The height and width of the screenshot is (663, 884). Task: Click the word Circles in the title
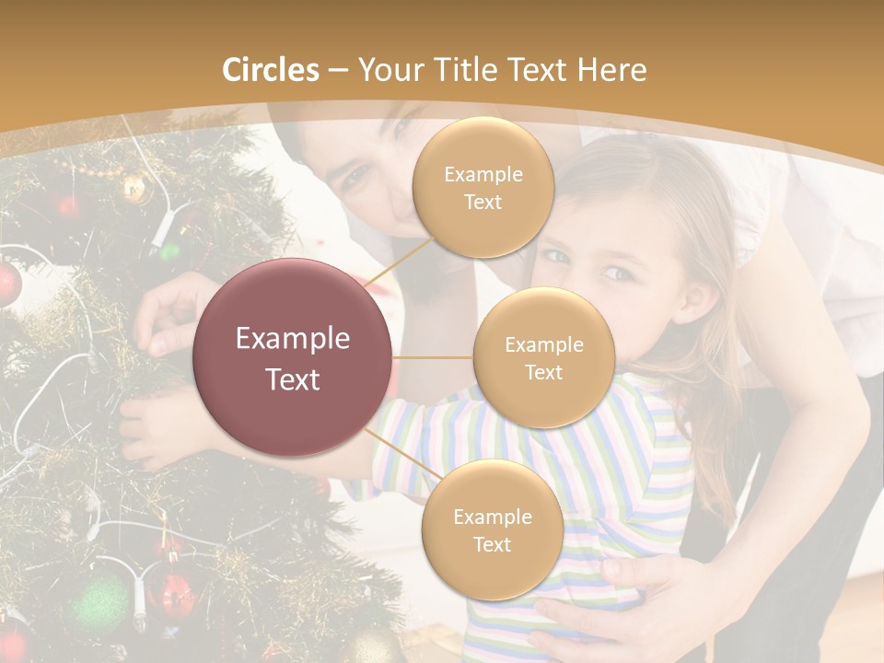[x=271, y=70]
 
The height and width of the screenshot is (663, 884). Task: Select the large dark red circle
[x=293, y=357]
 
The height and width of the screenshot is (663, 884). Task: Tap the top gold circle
[x=483, y=188]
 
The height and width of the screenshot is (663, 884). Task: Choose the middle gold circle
[x=543, y=357]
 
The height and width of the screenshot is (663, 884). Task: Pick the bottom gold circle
[x=492, y=530]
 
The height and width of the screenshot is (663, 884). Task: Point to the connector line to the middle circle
[x=432, y=357]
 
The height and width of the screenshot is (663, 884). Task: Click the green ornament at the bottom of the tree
[x=99, y=603]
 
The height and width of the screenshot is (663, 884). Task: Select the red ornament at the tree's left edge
[x=7, y=283]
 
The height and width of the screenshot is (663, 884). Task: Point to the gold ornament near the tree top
[x=134, y=189]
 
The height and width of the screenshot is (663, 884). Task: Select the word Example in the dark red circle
[x=293, y=339]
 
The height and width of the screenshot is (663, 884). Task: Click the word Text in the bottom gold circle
[x=492, y=544]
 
